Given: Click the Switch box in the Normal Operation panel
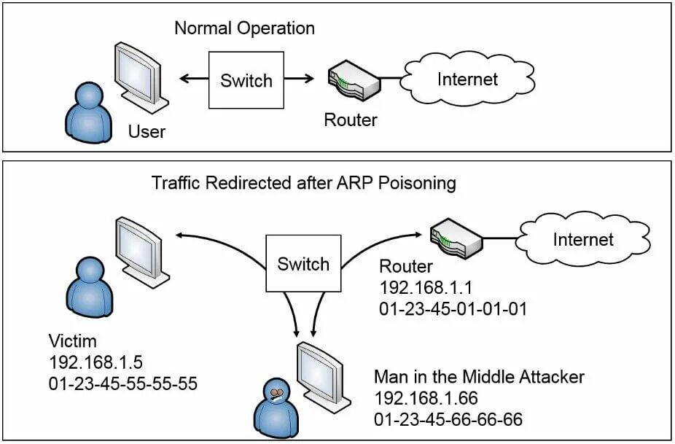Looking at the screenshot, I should [x=246, y=80].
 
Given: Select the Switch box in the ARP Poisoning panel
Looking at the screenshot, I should [x=303, y=263].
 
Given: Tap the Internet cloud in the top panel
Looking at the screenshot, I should [x=467, y=79].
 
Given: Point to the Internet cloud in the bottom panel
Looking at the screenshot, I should [x=582, y=239].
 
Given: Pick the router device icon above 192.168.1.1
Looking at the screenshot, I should [x=456, y=236].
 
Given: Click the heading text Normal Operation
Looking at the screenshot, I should [x=244, y=28].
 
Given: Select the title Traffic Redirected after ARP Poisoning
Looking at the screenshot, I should [x=303, y=182].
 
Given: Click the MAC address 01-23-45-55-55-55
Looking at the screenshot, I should [x=122, y=383].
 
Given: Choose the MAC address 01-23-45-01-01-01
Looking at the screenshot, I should [x=453, y=308].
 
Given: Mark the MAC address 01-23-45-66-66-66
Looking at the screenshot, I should [x=448, y=419].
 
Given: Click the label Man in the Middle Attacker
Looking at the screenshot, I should [x=479, y=377].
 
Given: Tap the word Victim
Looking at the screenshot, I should [x=72, y=341].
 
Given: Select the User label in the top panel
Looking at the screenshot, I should [x=147, y=132].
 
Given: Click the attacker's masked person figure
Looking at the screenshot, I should [x=277, y=408].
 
